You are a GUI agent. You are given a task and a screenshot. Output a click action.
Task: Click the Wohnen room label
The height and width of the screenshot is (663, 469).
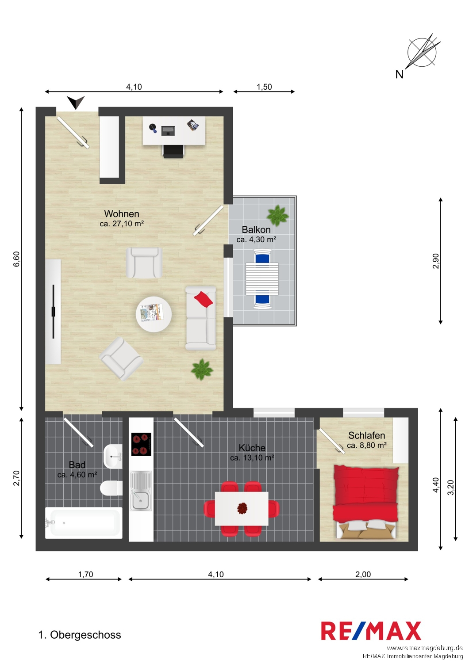point(122,213)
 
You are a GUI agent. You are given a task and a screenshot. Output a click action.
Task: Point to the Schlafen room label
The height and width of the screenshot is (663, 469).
point(366,435)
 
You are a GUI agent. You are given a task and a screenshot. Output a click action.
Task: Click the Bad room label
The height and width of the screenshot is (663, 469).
point(77,465)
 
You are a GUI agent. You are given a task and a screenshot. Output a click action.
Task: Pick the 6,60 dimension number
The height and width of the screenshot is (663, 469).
point(16,259)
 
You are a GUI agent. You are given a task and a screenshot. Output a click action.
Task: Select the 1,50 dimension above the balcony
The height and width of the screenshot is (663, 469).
point(264,87)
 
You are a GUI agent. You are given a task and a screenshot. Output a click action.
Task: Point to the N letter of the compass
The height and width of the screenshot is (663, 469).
point(400,74)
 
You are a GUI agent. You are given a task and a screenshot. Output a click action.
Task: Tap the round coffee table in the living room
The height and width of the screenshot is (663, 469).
point(154,314)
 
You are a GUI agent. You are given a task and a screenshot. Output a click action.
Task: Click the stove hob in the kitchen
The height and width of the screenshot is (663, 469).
point(141,444)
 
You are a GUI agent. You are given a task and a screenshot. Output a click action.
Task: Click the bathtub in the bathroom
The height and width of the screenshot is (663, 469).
point(84,523)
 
